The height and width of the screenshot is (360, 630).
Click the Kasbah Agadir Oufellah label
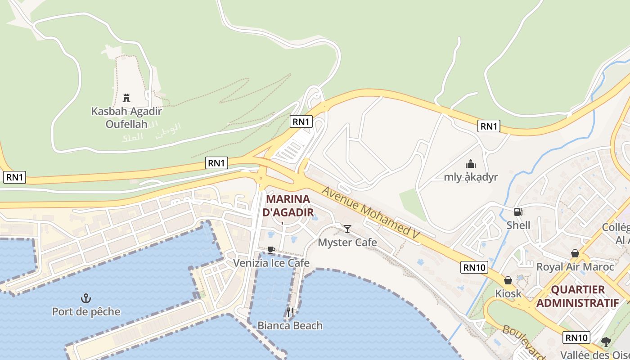[x=126, y=117]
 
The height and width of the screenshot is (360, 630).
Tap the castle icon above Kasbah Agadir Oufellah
[x=126, y=98]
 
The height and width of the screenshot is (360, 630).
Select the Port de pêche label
[x=86, y=311]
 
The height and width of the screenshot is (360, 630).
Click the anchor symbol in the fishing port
[x=85, y=298]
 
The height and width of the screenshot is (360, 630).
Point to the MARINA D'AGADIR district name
[x=288, y=205]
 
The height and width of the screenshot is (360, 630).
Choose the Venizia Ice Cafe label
[x=271, y=263]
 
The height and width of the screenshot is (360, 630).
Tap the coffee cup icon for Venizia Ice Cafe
[x=271, y=250]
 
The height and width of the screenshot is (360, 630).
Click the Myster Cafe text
[x=347, y=242]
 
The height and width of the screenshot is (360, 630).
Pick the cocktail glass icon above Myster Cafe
[x=347, y=229]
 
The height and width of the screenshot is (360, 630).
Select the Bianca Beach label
[x=290, y=325]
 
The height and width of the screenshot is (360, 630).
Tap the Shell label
[x=518, y=225]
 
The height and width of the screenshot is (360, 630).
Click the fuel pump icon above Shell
[x=518, y=211]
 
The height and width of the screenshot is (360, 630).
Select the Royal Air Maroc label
[x=575, y=267]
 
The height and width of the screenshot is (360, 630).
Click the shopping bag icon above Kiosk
[x=508, y=280]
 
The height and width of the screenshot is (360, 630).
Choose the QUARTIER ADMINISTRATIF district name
[x=578, y=296]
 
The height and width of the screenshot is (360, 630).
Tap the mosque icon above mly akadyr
[x=471, y=164]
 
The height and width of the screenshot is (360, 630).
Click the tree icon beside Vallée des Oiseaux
[x=606, y=342]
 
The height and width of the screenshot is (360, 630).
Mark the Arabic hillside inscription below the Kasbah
[x=151, y=131]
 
